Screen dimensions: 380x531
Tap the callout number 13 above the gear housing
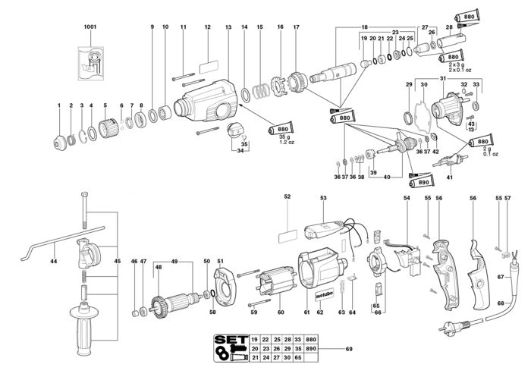228,27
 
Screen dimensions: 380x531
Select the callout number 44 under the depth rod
54,261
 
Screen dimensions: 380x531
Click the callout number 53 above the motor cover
323,197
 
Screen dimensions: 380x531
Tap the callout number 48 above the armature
159,266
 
